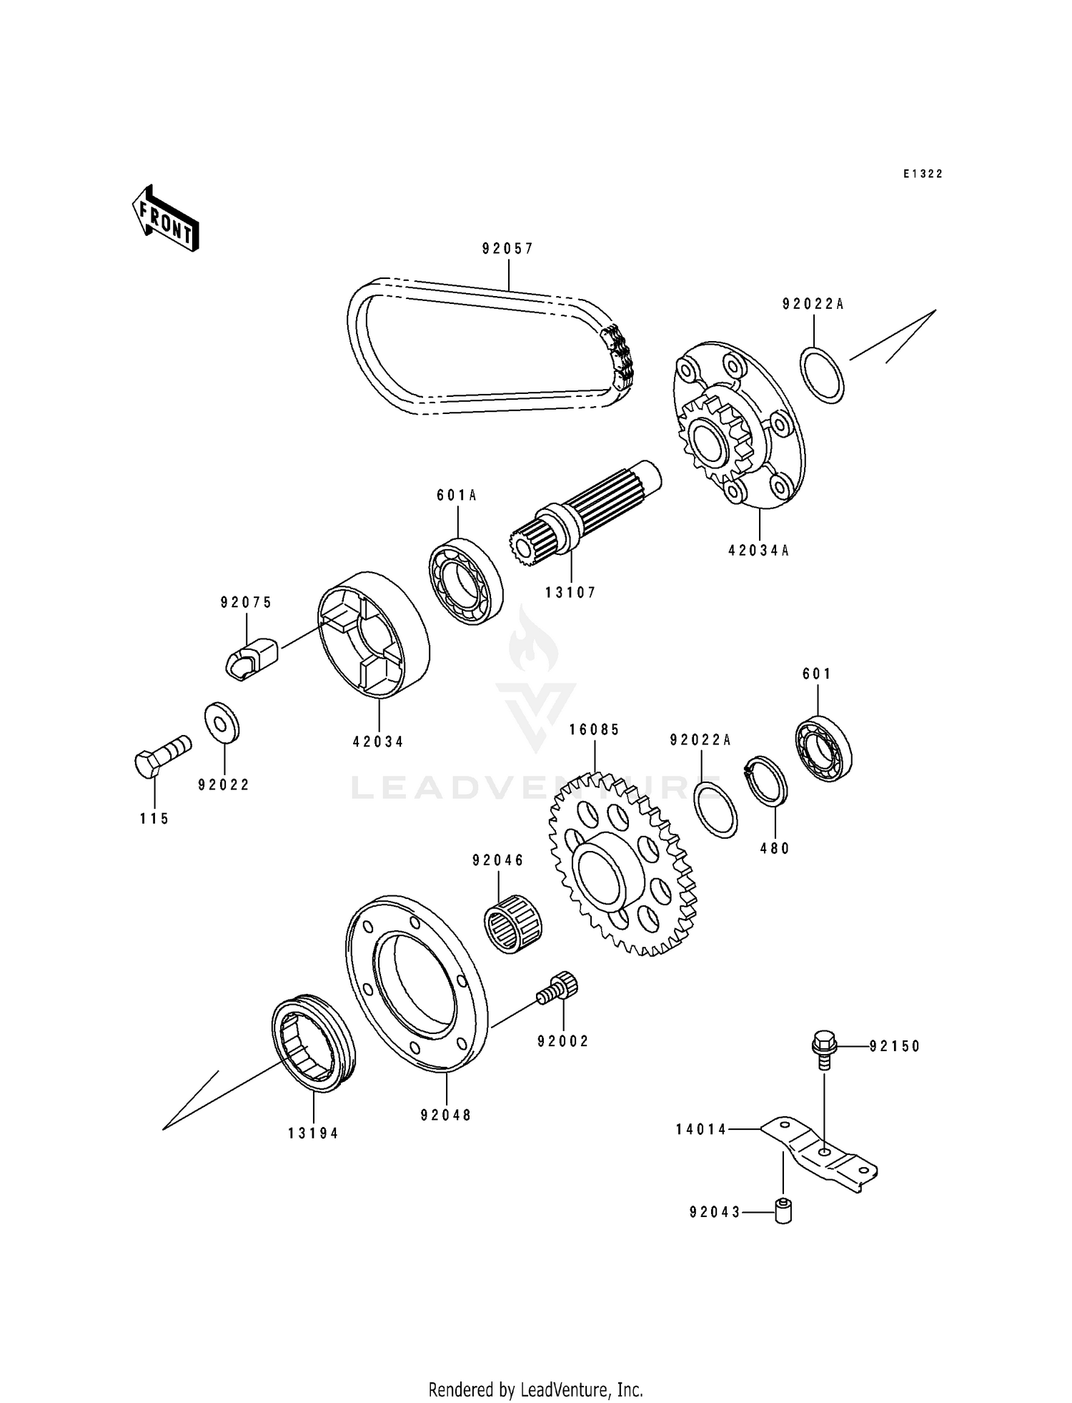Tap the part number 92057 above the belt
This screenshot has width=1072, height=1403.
(x=508, y=249)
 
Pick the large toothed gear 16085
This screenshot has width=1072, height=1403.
(x=622, y=865)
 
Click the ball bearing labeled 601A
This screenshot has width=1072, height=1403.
(x=465, y=580)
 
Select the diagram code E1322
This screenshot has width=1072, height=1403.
(x=923, y=174)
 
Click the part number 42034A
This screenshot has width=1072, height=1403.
(x=759, y=551)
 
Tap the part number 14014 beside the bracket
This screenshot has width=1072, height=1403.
(x=701, y=1129)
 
